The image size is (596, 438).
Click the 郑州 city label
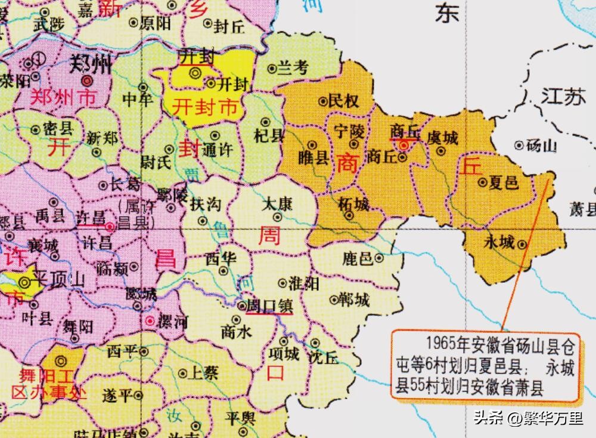tap(90, 64)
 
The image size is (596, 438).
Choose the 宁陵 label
tap(349, 129)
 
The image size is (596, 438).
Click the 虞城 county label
tap(443, 138)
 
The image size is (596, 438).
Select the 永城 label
tap(499, 243)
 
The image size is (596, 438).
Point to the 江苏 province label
tap(563, 96)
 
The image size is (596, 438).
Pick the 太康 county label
tap(277, 205)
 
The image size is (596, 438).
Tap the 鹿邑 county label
tap(357, 258)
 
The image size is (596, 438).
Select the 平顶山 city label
tap(60, 281)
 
